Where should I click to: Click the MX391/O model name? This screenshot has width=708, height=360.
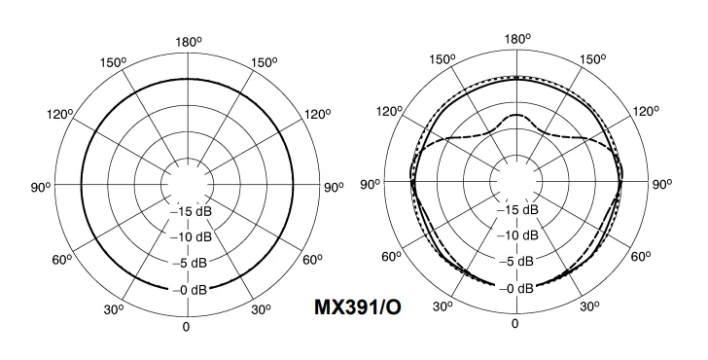pyautogui.click(x=358, y=307)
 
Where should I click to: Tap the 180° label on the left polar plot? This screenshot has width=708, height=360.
pyautogui.click(x=188, y=42)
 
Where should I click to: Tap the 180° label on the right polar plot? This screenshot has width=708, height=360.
pyautogui.click(x=517, y=39)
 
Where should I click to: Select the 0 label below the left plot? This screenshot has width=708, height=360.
pyautogui.click(x=186, y=327)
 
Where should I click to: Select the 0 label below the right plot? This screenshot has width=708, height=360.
pyautogui.click(x=514, y=324)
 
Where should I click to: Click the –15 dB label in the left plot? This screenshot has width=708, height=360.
pyautogui.click(x=190, y=211)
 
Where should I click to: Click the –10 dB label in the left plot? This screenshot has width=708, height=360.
pyautogui.click(x=190, y=236)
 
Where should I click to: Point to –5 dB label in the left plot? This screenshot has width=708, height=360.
pyautogui.click(x=190, y=263)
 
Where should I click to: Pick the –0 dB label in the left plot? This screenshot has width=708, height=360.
pyautogui.click(x=190, y=290)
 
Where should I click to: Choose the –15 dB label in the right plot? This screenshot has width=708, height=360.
pyautogui.click(x=517, y=209)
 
